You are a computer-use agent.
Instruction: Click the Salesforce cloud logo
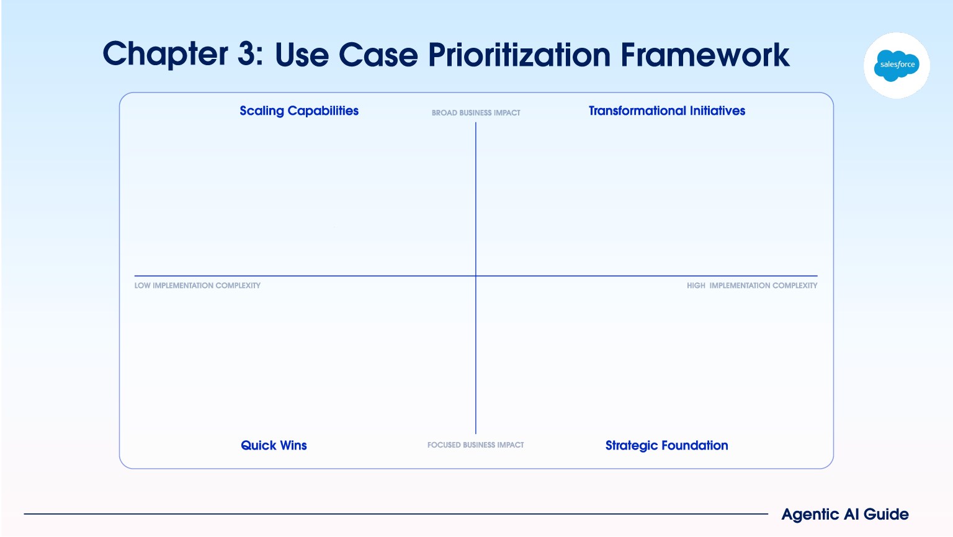click(897, 66)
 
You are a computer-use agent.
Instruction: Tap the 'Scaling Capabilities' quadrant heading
click(299, 111)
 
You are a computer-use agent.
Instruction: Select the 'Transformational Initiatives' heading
click(667, 111)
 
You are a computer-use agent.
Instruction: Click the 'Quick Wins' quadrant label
click(274, 446)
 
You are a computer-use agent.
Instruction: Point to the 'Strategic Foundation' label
click(667, 446)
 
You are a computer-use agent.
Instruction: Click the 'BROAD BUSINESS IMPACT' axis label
click(476, 113)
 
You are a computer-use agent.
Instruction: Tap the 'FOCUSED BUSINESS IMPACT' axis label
click(476, 445)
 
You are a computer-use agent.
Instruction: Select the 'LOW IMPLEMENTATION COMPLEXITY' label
click(197, 286)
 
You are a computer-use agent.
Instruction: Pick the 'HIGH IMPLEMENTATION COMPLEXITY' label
click(752, 286)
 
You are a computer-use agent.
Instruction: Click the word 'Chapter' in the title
click(165, 55)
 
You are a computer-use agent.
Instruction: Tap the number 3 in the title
click(247, 54)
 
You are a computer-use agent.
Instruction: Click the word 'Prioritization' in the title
click(519, 55)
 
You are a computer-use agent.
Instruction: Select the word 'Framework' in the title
click(705, 55)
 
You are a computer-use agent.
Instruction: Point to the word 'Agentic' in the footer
click(810, 515)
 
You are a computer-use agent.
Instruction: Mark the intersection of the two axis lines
click(476, 276)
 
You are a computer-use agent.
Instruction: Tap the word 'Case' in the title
click(378, 55)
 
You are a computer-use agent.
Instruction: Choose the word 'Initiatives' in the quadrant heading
click(717, 111)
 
